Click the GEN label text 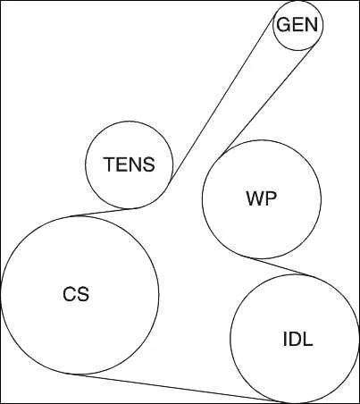click(297, 24)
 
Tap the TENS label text click(130, 164)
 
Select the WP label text click(262, 198)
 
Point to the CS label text click(76, 294)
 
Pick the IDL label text click(297, 339)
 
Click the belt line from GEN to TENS click(222, 99)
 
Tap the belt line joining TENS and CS click(102, 212)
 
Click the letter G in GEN click(283, 24)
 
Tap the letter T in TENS click(109, 164)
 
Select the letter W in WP click(255, 198)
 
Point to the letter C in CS click(69, 294)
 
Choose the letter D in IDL click(295, 339)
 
